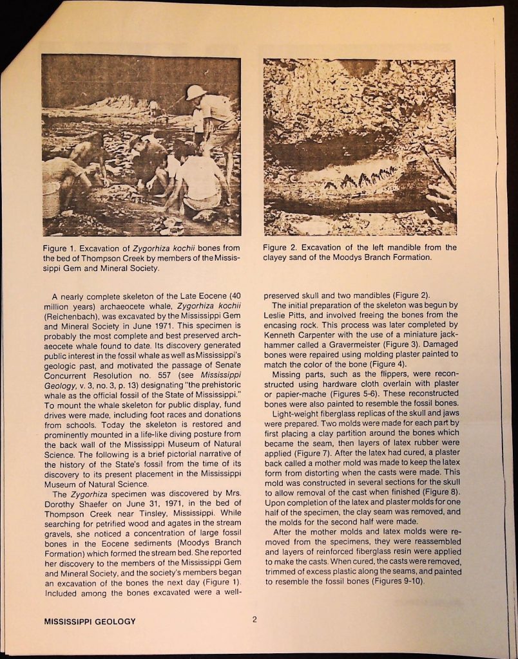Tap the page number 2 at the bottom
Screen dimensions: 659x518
coord(254,620)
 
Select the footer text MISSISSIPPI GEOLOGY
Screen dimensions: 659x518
coord(90,621)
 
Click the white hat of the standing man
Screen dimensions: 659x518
coord(195,92)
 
